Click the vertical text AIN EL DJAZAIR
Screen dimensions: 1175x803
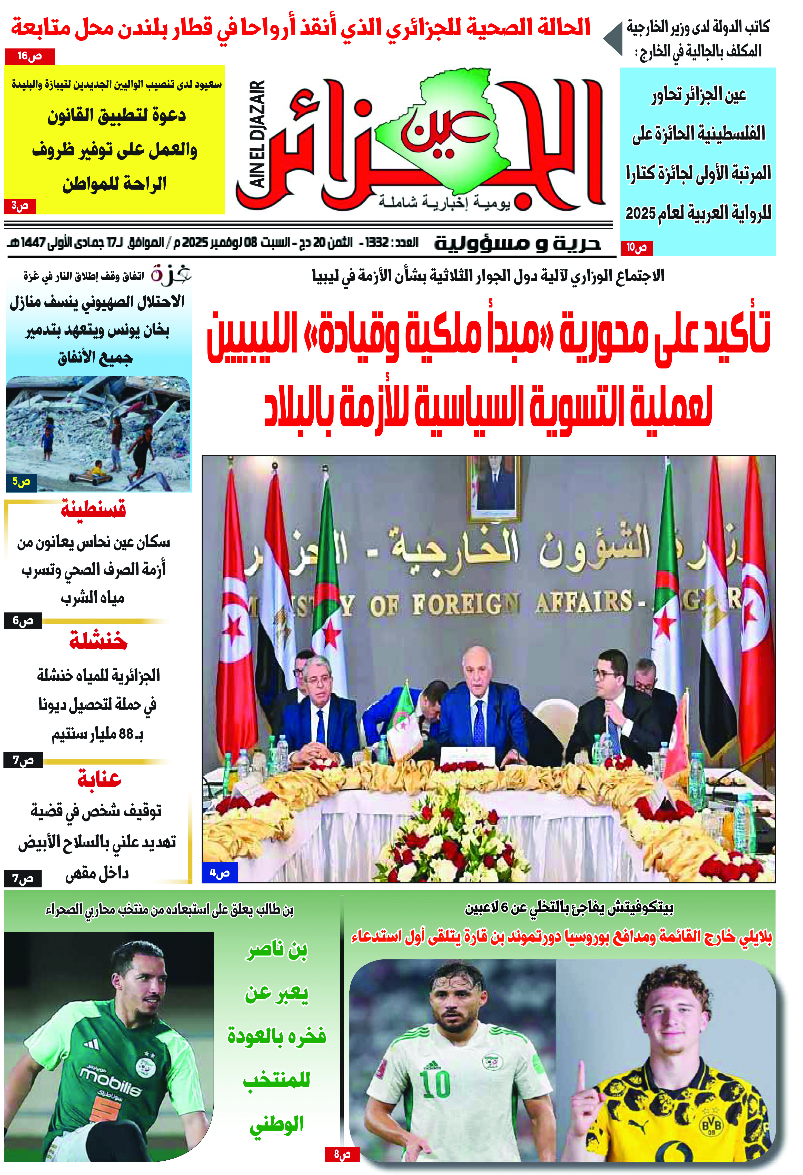tap(258, 134)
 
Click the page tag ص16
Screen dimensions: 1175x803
tap(29, 56)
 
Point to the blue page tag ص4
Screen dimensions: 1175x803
tap(219, 873)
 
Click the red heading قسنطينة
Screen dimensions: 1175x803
tap(94, 509)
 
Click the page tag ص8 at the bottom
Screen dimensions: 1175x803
tap(342, 1154)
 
